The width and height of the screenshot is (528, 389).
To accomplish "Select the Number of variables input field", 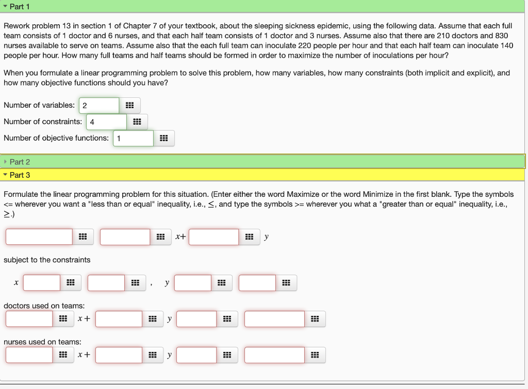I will point(99,106).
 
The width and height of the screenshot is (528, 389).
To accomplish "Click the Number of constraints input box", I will point(106,122).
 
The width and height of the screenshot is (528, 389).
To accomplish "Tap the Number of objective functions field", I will point(133,139).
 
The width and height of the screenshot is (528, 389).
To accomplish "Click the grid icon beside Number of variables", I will point(129,106).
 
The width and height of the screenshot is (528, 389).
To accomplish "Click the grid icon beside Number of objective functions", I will point(163,139).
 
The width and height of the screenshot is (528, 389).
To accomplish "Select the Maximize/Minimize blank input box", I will point(39,237).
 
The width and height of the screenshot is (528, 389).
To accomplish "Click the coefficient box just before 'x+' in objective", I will point(125,237).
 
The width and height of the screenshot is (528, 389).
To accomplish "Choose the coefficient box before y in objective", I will point(213,237).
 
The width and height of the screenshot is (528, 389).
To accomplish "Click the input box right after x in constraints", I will point(42,283).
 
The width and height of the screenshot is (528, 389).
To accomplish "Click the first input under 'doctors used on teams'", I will point(29,319).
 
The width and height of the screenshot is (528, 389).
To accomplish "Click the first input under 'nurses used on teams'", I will point(29,355).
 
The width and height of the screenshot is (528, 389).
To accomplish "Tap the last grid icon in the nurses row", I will point(315,355).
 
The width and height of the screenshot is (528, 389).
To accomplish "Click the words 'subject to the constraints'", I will point(47,260).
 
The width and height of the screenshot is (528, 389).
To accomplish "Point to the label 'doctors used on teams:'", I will point(44,306).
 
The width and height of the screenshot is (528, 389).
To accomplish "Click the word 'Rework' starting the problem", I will point(16,26).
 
